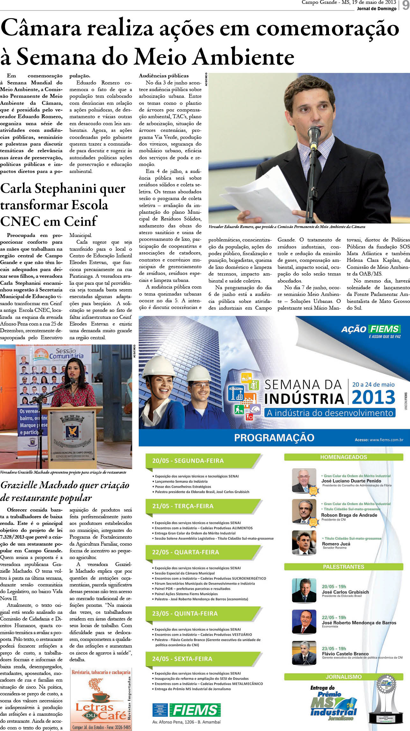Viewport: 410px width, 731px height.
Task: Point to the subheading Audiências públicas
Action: (164, 76)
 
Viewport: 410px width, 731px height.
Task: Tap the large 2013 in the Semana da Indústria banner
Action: (373, 398)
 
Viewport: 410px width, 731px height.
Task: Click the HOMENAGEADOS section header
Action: (343, 457)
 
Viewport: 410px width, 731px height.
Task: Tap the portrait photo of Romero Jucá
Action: (304, 542)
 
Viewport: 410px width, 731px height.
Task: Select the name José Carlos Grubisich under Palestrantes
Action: (345, 592)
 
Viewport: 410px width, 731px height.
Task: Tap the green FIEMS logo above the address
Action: (195, 710)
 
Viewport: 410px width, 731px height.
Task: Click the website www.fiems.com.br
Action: (386, 440)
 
